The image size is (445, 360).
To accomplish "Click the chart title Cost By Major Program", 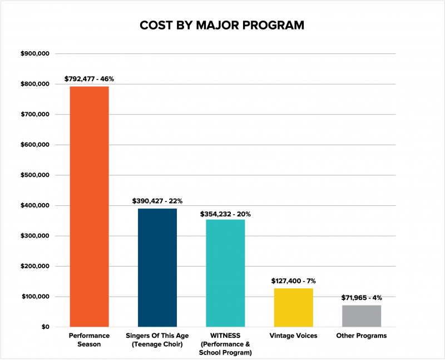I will click(x=222, y=26).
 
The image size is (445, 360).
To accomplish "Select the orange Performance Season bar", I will click(x=89, y=206).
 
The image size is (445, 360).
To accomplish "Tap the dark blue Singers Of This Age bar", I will click(x=157, y=267).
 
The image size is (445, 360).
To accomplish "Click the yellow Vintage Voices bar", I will click(x=294, y=307).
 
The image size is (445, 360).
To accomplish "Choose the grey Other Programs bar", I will click(x=362, y=315).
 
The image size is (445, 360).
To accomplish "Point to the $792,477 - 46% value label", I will click(x=89, y=79).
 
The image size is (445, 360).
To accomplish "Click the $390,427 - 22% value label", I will click(x=157, y=201).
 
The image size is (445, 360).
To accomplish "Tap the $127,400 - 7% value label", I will click(x=294, y=281).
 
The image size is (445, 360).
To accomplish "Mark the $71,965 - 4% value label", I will click(x=362, y=298).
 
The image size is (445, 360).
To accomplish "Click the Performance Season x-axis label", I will click(x=89, y=340).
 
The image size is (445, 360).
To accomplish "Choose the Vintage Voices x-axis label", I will click(x=294, y=336).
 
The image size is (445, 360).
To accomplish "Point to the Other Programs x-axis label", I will click(x=362, y=336).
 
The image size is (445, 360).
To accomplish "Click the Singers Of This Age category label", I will click(x=157, y=340).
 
